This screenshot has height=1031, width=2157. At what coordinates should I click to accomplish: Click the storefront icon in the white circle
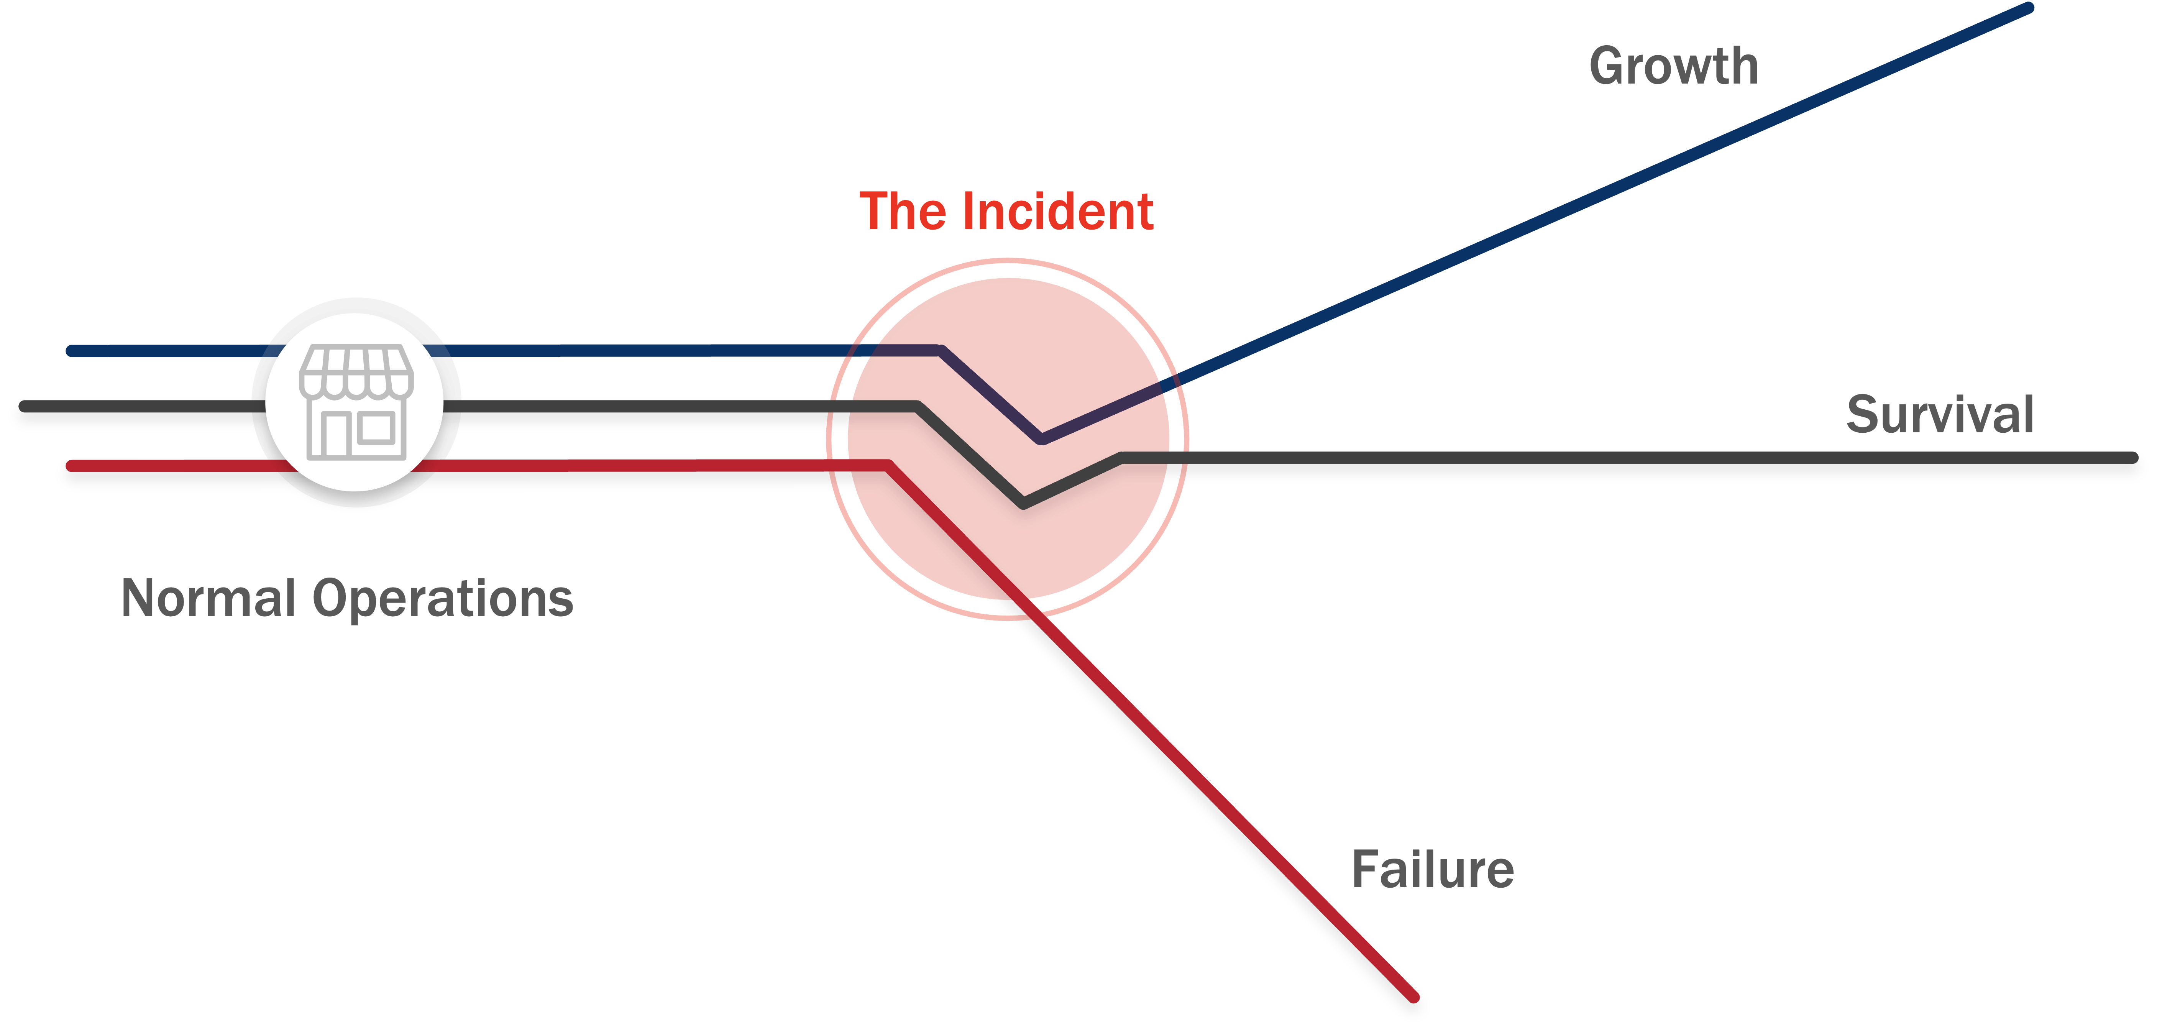[356, 402]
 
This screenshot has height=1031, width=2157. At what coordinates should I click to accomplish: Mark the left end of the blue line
[72, 351]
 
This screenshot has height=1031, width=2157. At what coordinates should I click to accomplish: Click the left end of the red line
[72, 466]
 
